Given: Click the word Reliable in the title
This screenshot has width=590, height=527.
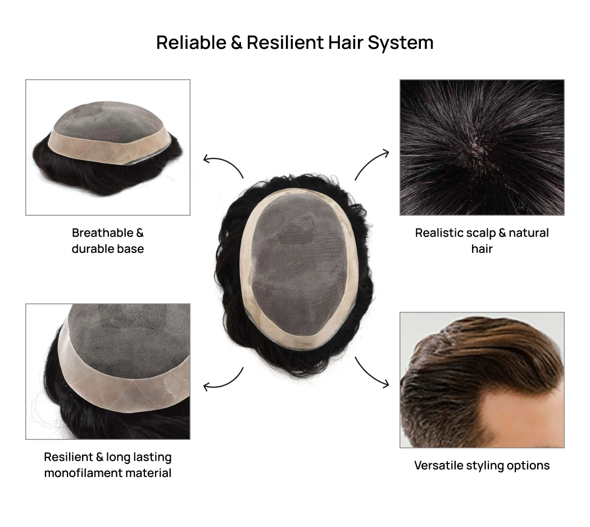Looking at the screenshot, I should (x=191, y=43).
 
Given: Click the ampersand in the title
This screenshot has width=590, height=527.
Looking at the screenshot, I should (x=236, y=43).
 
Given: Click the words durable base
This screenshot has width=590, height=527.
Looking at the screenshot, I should (x=108, y=248).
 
